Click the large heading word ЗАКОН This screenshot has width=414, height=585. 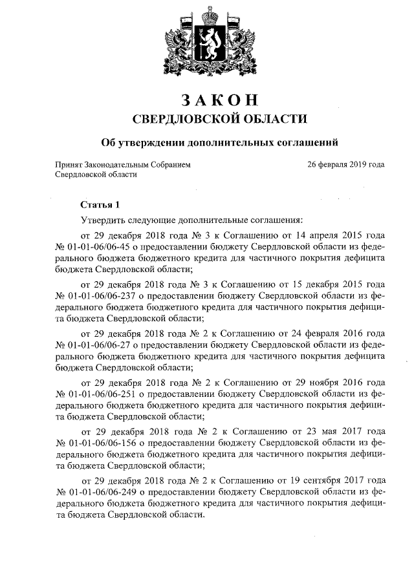tap(220, 100)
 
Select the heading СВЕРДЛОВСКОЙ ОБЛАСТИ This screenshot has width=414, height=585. tap(220, 119)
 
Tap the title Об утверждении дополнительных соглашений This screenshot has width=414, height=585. tap(220, 142)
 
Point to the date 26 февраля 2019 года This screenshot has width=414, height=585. tap(346, 164)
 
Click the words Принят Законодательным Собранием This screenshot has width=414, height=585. tap(123, 164)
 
